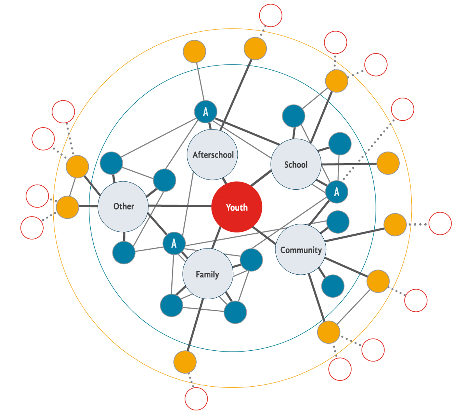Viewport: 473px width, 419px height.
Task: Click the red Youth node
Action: click(x=236, y=207)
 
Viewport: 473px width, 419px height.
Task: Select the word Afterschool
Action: click(x=213, y=155)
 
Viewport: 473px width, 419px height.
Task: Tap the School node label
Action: click(x=296, y=165)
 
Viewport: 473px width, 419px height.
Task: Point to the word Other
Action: click(x=124, y=206)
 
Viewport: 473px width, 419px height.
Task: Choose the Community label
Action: click(x=301, y=250)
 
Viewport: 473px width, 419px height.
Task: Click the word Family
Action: click(x=207, y=275)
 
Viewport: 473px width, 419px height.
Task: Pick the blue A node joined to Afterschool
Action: click(x=206, y=112)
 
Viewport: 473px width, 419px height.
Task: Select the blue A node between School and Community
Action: click(x=337, y=192)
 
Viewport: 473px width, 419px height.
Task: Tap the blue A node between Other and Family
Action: click(x=174, y=244)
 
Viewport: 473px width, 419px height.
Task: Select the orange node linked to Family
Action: click(x=185, y=362)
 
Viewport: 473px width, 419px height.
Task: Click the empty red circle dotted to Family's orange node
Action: click(x=196, y=399)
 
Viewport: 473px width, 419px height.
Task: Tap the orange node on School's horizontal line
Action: click(x=388, y=163)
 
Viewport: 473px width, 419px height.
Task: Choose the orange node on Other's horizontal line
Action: click(x=67, y=207)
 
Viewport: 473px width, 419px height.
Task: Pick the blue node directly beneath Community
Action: click(x=333, y=286)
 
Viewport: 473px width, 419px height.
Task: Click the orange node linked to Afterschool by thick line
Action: click(x=255, y=49)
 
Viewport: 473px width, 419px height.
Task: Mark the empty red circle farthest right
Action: click(x=440, y=224)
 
